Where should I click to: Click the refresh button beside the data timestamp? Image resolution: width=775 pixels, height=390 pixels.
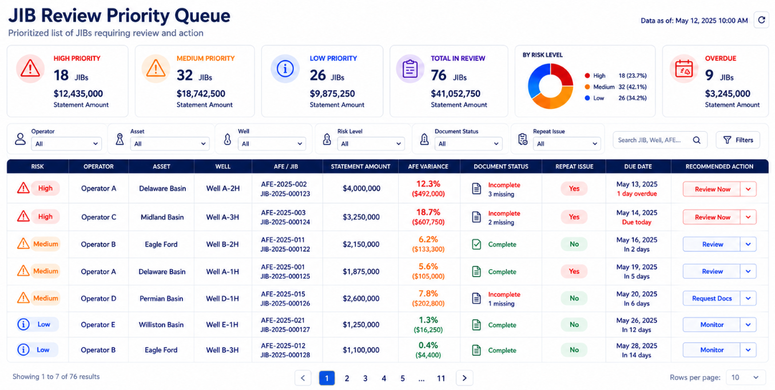click(x=761, y=20)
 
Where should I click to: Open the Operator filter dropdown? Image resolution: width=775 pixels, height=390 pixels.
click(x=66, y=144)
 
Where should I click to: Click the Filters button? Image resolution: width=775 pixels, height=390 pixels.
click(x=738, y=140)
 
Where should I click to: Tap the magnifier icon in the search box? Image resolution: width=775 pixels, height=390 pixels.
click(x=697, y=140)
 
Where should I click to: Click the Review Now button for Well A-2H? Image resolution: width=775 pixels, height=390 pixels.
click(x=712, y=189)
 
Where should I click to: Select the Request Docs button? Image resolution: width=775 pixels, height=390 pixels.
click(x=712, y=298)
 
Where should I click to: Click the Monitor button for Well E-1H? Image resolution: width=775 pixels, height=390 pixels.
click(x=712, y=325)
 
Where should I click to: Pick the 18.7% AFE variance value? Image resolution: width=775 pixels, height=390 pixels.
click(x=428, y=212)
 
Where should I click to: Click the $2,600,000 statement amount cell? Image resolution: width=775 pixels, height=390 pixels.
click(x=361, y=298)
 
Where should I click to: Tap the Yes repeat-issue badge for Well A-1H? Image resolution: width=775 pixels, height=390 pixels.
click(x=574, y=271)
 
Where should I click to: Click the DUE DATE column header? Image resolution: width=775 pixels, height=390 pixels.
click(x=638, y=167)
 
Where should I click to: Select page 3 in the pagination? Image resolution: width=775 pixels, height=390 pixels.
click(x=365, y=378)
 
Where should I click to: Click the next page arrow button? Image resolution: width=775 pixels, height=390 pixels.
click(x=464, y=378)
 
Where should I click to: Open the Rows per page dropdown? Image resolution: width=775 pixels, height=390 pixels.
click(x=745, y=377)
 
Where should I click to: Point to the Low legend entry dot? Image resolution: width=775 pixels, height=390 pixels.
click(x=587, y=98)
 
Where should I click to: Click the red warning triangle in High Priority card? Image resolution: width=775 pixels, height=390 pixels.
click(x=30, y=68)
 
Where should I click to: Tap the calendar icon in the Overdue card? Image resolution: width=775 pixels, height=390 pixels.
click(x=683, y=69)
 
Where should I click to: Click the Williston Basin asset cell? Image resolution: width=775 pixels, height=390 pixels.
click(x=161, y=325)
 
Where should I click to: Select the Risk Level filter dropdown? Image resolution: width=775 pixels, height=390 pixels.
click(x=371, y=144)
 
